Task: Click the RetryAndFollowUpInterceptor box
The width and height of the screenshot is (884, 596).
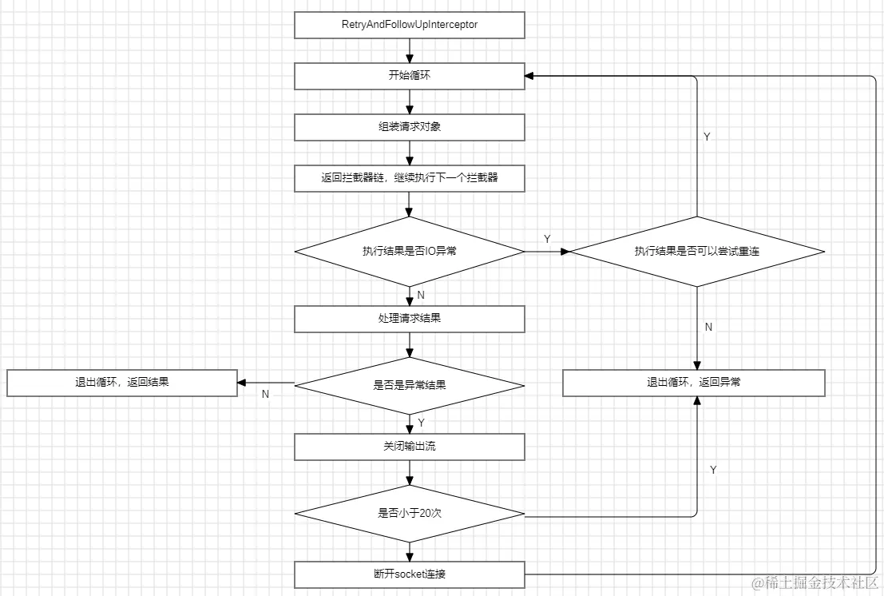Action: (409, 25)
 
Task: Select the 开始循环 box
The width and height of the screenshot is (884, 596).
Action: (409, 76)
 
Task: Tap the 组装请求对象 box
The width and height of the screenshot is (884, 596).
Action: (409, 127)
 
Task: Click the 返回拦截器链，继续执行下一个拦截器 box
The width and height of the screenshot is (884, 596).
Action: (409, 178)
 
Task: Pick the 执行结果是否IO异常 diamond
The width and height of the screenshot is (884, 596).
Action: (409, 251)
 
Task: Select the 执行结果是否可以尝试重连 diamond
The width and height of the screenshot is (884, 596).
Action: (697, 251)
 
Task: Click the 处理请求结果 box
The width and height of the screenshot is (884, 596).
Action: (409, 319)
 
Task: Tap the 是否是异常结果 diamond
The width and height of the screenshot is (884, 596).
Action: (409, 385)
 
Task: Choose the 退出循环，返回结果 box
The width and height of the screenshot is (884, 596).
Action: (122, 383)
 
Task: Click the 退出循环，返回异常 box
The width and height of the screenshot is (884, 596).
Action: (693, 383)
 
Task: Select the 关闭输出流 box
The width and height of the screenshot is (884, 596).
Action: (409, 447)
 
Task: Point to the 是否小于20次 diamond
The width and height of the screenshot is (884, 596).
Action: (409, 513)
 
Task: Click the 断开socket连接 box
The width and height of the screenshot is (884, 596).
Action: (409, 574)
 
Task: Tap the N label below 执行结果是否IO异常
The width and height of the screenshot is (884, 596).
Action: (421, 296)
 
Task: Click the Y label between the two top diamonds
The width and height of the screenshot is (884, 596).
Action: (547, 239)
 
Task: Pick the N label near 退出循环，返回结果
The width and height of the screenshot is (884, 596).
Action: (265, 394)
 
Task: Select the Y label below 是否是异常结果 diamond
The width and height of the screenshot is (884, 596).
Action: (421, 422)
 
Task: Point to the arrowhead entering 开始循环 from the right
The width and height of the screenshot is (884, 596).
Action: (530, 76)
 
